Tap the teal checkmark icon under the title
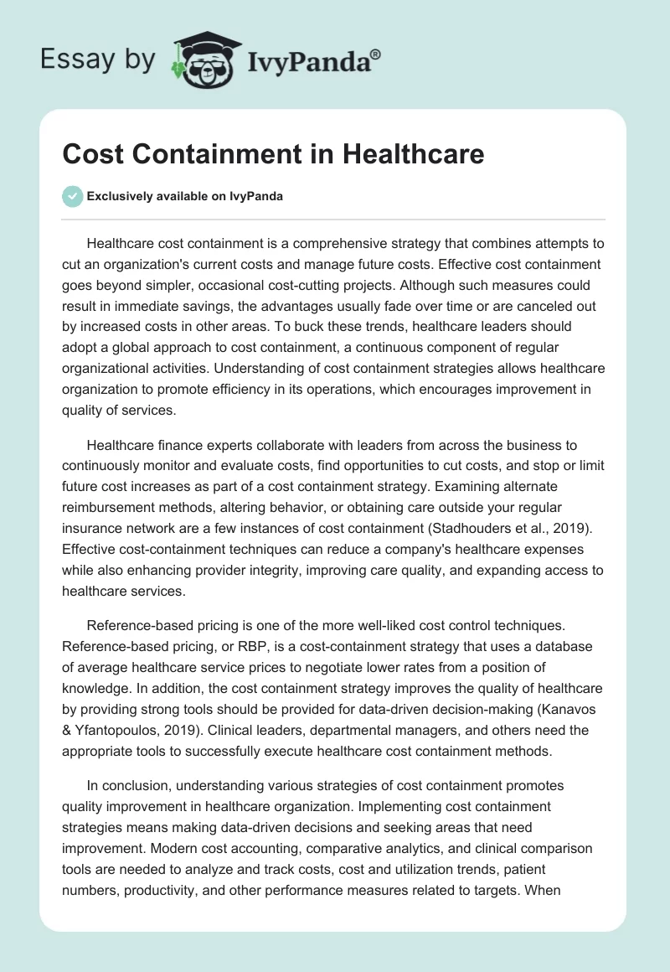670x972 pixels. [x=72, y=196]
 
